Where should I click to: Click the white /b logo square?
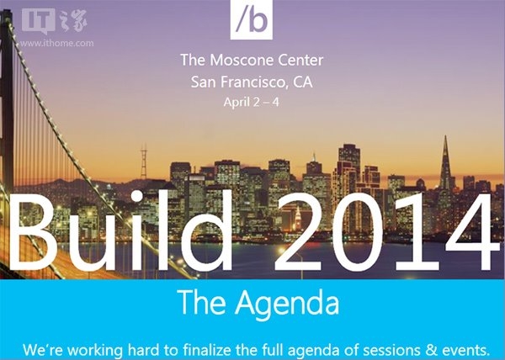[x=251, y=19]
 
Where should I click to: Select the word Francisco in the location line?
[x=254, y=82]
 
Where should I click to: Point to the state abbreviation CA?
[x=303, y=82]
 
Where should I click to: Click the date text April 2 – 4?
[x=251, y=103]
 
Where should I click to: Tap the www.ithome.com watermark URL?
[x=56, y=43]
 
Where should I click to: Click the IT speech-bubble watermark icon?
[x=39, y=21]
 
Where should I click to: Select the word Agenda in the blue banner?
[x=287, y=303]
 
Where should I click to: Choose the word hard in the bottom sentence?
[x=143, y=350]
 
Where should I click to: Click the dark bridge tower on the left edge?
[x=7, y=106]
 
